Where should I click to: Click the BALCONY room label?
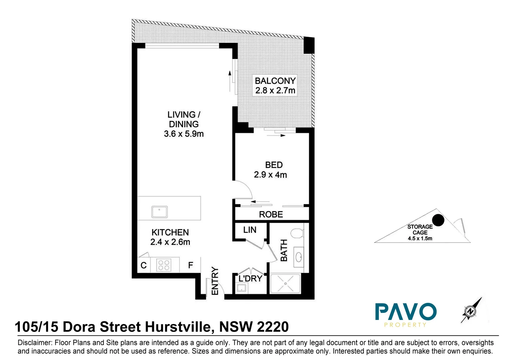coord(275,81)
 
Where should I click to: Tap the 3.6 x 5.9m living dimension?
coord(184,134)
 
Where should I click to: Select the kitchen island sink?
coord(159,212)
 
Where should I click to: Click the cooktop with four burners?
coord(164,265)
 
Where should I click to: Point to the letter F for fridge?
coord(191,265)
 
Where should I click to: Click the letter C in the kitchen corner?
coord(144,265)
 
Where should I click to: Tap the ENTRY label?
coord(215,281)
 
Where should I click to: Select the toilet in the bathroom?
coord(296,233)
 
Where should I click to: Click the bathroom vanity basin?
coord(298,257)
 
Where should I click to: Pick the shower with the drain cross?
coord(285,284)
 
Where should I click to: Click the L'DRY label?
coord(250,278)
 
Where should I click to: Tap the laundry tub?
coord(241,288)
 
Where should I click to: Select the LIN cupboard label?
coord(250,230)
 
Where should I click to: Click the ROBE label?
coord(271,215)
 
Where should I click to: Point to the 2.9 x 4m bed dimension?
coord(270,175)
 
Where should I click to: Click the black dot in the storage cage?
coord(438,220)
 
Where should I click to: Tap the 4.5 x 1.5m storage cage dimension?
coord(420,239)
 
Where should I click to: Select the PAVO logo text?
coord(405,312)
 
